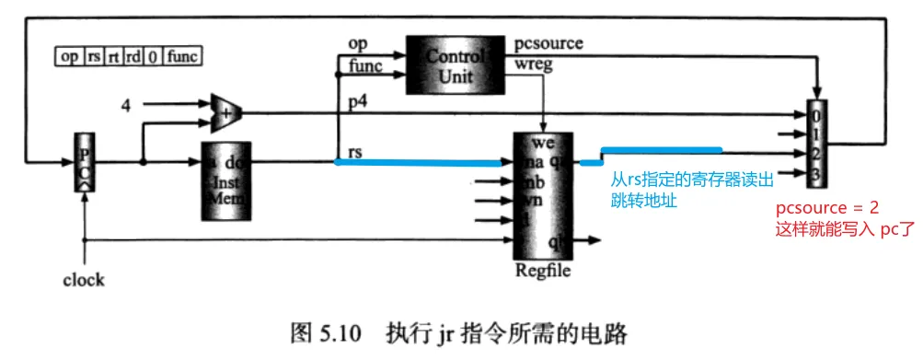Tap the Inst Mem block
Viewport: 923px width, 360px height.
[x=226, y=180]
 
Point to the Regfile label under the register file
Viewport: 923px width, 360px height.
[x=544, y=271]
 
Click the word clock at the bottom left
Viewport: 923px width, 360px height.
[x=84, y=279]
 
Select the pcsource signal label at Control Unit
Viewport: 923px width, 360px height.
[x=550, y=43]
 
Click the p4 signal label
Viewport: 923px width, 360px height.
[x=359, y=102]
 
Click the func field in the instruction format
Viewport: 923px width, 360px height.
[x=183, y=57]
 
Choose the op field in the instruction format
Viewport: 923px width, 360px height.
[x=69, y=57]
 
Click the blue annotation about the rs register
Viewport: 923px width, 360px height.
[x=690, y=186]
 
